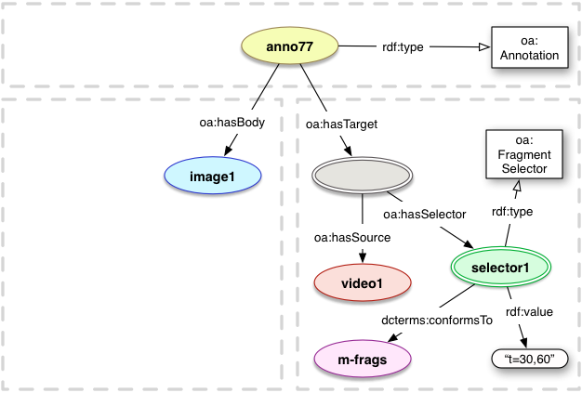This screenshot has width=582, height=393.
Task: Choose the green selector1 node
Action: point(501,268)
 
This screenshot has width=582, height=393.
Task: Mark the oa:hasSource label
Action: point(351,239)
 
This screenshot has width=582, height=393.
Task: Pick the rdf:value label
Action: point(527,312)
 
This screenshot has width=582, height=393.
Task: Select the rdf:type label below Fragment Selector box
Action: point(511,212)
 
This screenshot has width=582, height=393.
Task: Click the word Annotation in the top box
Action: point(527,56)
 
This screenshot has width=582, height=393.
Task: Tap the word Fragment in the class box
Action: point(517,155)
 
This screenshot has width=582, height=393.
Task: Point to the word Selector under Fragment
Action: point(517,169)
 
